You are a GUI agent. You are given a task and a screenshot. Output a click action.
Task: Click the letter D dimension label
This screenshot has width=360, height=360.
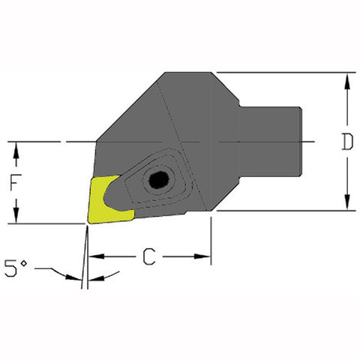pyautogui.click(x=346, y=142)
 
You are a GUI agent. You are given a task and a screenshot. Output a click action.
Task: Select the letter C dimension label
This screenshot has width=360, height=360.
pyautogui.click(x=149, y=257)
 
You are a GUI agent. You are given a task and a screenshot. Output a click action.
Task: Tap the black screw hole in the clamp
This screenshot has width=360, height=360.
pyautogui.click(x=158, y=180)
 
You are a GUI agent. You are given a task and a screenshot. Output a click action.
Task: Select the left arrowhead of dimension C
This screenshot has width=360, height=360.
pyautogui.click(x=94, y=257)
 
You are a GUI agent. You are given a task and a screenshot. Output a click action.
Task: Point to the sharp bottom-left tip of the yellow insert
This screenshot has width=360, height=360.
pyautogui.click(x=88, y=222)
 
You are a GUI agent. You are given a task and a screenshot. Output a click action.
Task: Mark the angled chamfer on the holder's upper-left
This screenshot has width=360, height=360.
pyautogui.click(x=127, y=105)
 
